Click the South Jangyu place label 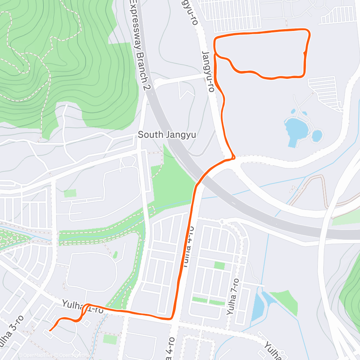pos(167,135)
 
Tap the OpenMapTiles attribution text pos(35,355)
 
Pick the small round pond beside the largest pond pos(317,136)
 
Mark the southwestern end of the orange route pos(49,330)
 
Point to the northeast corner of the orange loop pos(308,32)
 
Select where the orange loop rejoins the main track pos(215,54)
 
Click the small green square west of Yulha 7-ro pos(219,266)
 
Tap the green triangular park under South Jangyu pos(173,184)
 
